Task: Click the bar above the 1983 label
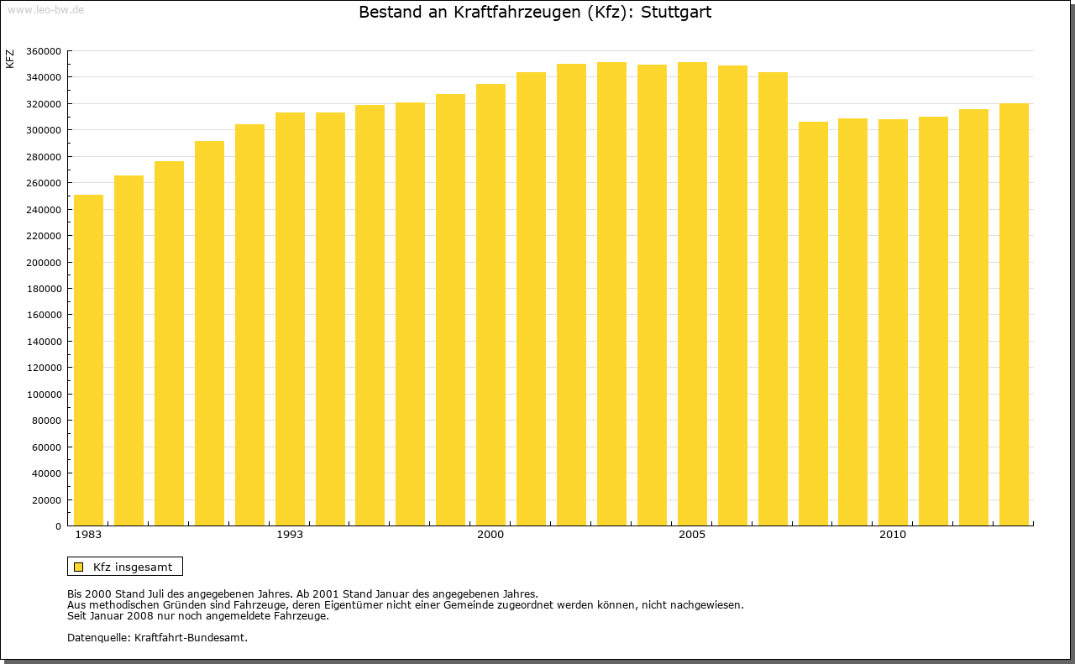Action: (x=88, y=361)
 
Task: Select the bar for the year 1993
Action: (x=290, y=319)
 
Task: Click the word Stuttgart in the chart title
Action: (x=676, y=13)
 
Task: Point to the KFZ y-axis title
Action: (x=10, y=59)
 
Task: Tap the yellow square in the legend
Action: (x=78, y=567)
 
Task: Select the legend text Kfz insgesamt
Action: (x=133, y=567)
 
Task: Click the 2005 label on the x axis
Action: (x=692, y=535)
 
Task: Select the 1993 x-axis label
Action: (x=290, y=535)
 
